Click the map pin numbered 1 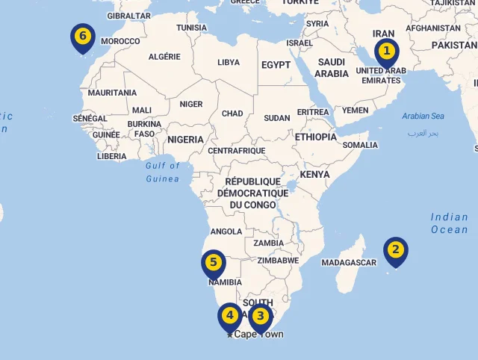tap(386, 52)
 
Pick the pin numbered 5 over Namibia tap(214, 263)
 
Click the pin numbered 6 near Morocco tap(83, 37)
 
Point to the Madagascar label tap(349, 263)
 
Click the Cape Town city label tap(258, 335)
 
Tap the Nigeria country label tap(185, 140)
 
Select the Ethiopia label tap(316, 137)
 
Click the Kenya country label tap(314, 175)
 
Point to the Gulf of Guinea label tap(163, 173)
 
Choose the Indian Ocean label tap(449, 223)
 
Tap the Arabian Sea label tap(423, 116)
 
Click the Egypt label tap(276, 65)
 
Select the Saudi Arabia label tap(332, 68)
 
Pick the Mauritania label tap(112, 93)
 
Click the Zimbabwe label tap(278, 261)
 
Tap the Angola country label tap(226, 232)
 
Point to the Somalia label tap(360, 145)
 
